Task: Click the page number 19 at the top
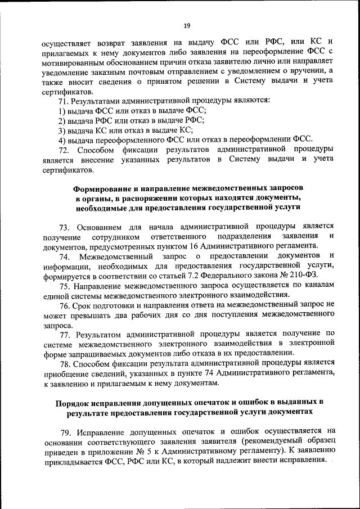click(x=187, y=25)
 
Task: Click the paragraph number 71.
click(x=63, y=100)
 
